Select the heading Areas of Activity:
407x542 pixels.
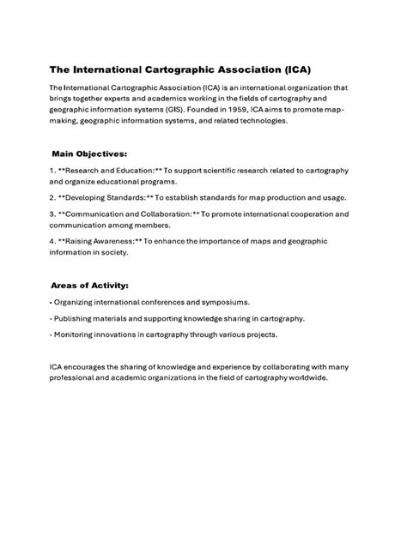[89, 286]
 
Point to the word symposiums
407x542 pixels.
[222, 303]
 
